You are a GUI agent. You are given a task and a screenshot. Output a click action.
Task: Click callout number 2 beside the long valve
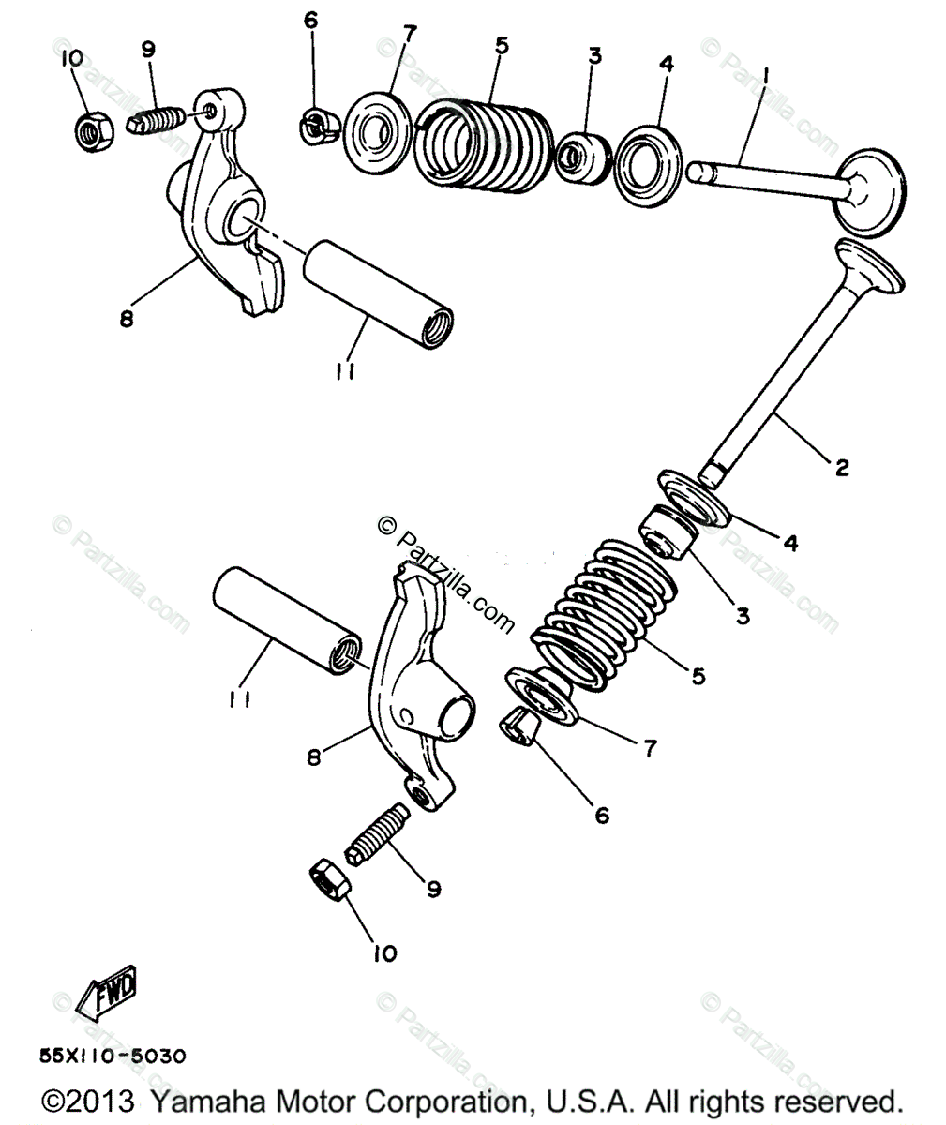[x=842, y=467]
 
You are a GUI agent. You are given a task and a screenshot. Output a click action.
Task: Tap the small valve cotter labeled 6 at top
[x=320, y=127]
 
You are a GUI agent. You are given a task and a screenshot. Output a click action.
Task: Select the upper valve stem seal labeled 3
[x=582, y=157]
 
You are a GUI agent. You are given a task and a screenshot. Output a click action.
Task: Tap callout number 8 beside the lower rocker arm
[x=313, y=757]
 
